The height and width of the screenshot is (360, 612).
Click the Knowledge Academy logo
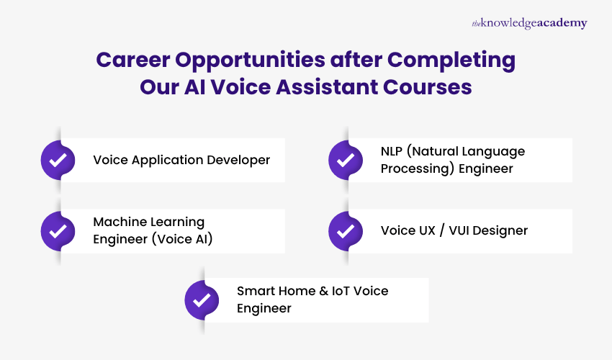click(x=529, y=23)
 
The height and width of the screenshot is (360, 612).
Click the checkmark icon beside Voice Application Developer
click(x=58, y=160)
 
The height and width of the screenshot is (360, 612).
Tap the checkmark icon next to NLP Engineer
click(x=346, y=160)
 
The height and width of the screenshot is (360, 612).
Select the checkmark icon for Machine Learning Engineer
click(x=58, y=231)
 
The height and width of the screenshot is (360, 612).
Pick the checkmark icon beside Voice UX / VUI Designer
click(x=346, y=231)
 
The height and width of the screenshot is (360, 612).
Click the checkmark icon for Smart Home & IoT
click(x=202, y=300)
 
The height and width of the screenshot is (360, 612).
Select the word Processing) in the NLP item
click(x=414, y=168)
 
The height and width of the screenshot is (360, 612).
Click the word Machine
click(x=117, y=222)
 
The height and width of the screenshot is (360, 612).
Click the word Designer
click(x=502, y=231)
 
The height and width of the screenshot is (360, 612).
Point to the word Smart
click(x=254, y=291)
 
